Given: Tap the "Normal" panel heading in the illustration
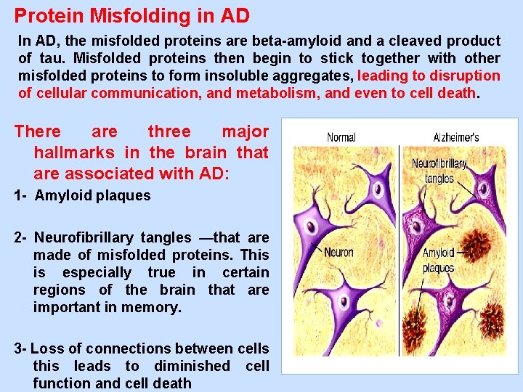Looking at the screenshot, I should [x=341, y=137].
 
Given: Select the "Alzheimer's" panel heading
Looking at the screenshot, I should [x=455, y=137].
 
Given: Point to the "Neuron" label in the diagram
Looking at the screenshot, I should [x=338, y=252].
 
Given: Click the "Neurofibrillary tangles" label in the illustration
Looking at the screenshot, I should [x=439, y=171].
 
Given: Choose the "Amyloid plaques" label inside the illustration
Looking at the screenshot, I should [x=438, y=260].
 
